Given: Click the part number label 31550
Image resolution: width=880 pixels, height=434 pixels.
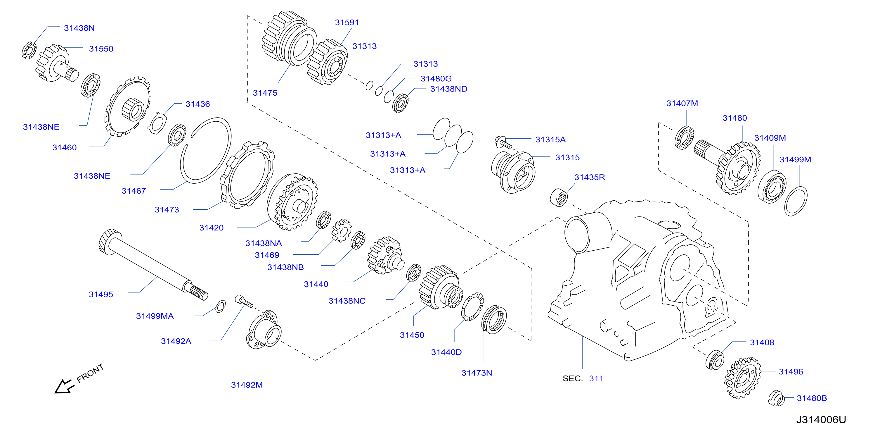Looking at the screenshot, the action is pyautogui.click(x=101, y=49).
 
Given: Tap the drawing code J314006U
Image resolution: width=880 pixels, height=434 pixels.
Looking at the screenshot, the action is pyautogui.click(x=821, y=420).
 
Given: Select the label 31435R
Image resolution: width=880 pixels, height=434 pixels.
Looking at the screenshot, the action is pyautogui.click(x=589, y=177).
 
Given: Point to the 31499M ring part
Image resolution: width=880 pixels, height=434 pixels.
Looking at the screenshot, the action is pyautogui.click(x=796, y=201).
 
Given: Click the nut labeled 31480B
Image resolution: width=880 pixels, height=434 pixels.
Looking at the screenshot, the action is pyautogui.click(x=776, y=398).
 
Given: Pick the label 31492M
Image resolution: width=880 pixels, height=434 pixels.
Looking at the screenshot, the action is pyautogui.click(x=247, y=385).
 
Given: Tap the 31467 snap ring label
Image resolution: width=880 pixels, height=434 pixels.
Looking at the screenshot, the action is pyautogui.click(x=134, y=191).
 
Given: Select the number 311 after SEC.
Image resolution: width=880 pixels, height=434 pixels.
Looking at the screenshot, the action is pyautogui.click(x=596, y=379).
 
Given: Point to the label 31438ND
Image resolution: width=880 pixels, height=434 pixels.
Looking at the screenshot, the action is pyautogui.click(x=448, y=89).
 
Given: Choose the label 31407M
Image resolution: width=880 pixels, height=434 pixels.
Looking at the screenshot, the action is pyautogui.click(x=682, y=103).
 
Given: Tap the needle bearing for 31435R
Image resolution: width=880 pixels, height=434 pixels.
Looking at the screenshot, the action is pyautogui.click(x=559, y=197).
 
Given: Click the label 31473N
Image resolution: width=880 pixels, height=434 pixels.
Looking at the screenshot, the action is pyautogui.click(x=477, y=373).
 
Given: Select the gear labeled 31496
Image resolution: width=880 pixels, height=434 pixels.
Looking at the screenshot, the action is pyautogui.click(x=742, y=378).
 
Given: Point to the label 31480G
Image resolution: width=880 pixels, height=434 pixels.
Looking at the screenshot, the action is pyautogui.click(x=436, y=79).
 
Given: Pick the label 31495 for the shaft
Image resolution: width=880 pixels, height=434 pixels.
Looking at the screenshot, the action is pyautogui.click(x=101, y=294).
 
